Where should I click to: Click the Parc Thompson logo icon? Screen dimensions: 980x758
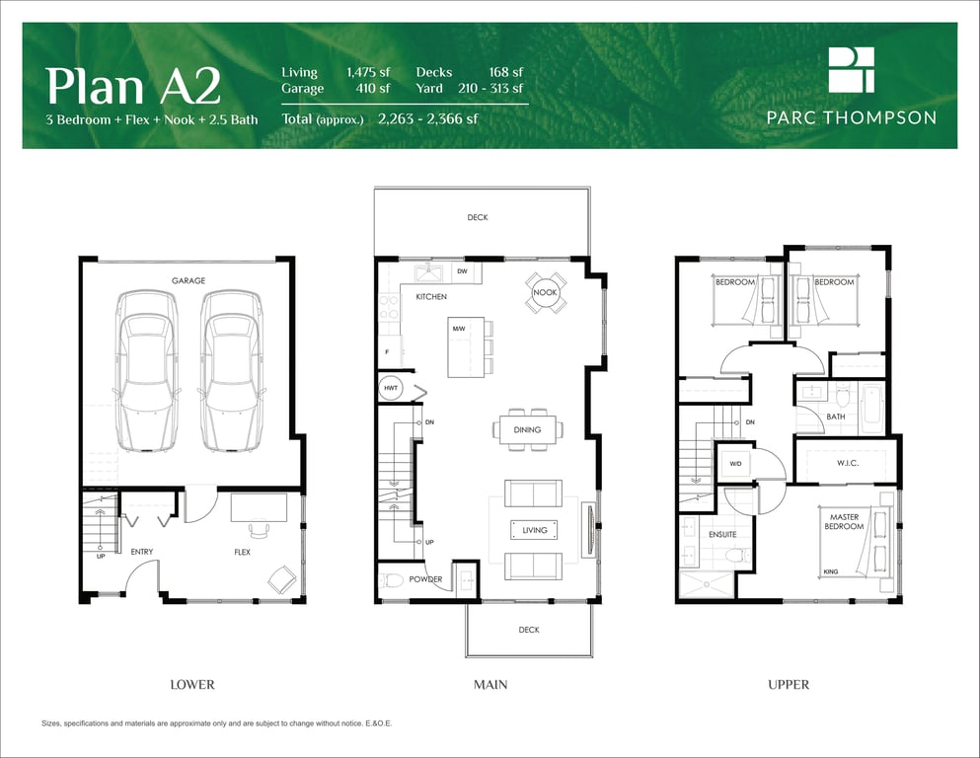pos(852,70)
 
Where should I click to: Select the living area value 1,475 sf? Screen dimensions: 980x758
pos(368,72)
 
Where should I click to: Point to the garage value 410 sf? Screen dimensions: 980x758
pos(373,89)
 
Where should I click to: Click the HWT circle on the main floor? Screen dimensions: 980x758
pos(391,388)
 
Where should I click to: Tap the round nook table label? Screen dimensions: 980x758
pos(545,292)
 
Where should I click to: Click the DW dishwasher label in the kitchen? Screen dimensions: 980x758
pos(463,271)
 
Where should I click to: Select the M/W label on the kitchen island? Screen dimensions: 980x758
pos(459,329)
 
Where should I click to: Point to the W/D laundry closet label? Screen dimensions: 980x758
pos(735,464)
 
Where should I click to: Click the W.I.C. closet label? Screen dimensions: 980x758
pos(848,463)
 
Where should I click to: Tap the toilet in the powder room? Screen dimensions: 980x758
pos(391,580)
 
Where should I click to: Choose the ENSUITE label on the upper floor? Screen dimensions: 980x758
pos(722,535)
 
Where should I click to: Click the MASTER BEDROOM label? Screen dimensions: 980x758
pos(844,522)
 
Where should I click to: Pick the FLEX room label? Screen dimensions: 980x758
pos(242,552)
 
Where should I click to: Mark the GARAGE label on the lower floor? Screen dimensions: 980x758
pos(188,280)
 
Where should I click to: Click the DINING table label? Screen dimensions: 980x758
pos(527,430)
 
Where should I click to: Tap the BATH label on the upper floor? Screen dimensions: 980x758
pos(836,417)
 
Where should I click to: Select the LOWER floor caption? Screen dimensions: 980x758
pos(192,685)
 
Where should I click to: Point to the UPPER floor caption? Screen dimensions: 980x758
pos(789,685)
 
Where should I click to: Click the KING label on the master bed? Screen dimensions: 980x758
pos(831,571)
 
